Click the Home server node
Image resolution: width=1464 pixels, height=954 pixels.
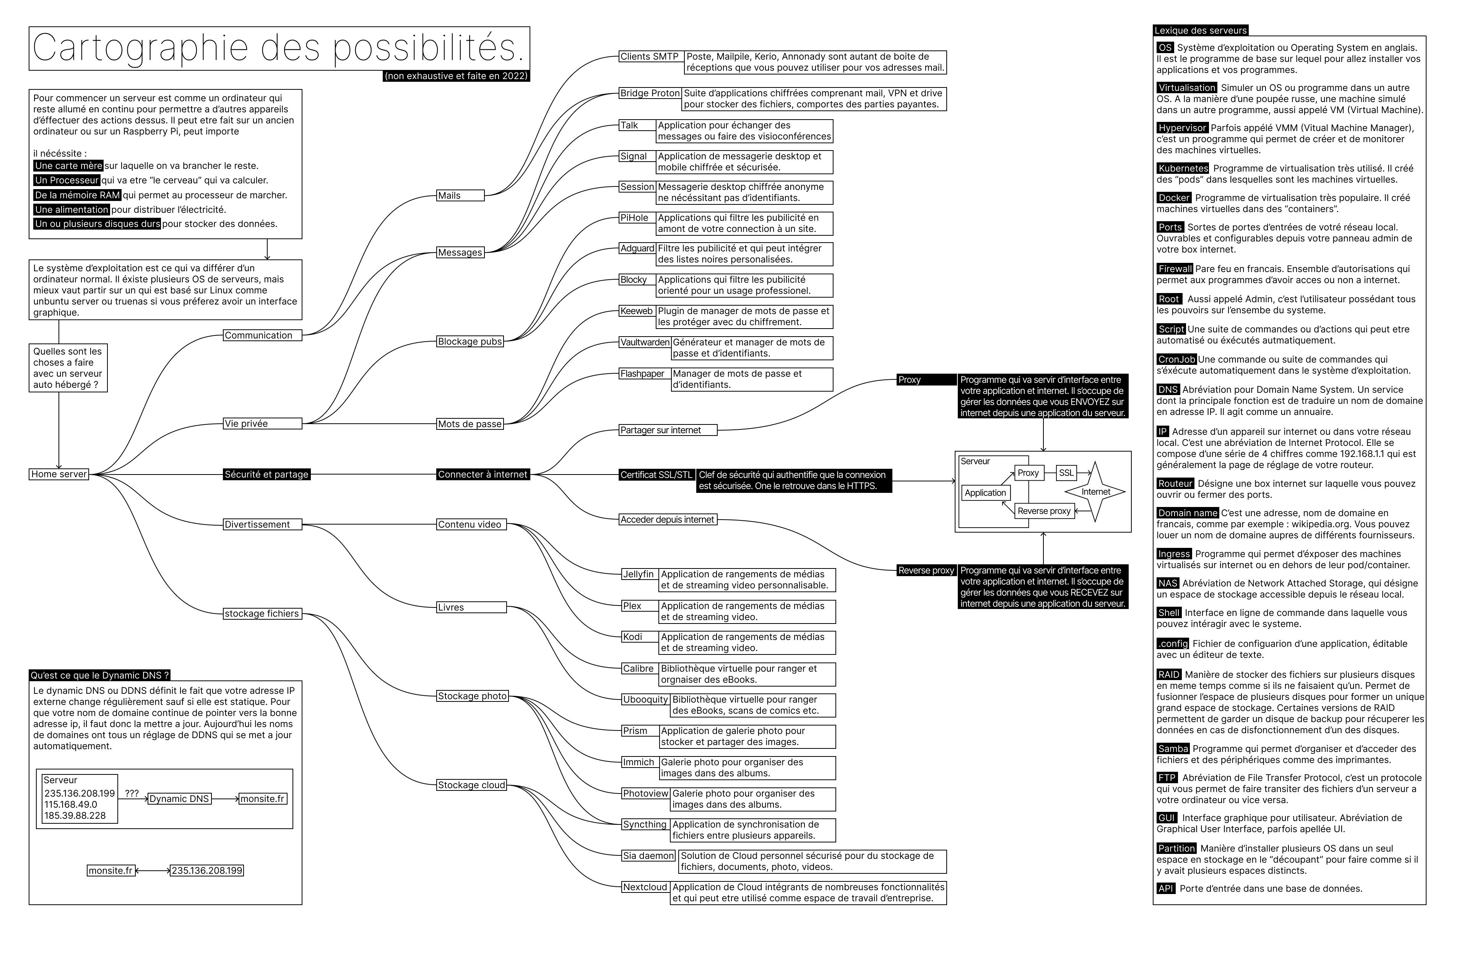click(59, 474)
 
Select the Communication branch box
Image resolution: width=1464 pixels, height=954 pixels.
click(262, 335)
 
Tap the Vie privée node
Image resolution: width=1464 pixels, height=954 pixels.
click(262, 424)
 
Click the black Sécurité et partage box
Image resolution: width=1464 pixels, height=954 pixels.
click(266, 475)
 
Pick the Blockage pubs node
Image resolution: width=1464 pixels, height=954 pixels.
click(470, 341)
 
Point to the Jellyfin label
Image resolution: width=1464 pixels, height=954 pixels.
click(639, 574)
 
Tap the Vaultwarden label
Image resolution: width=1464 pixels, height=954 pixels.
click(645, 342)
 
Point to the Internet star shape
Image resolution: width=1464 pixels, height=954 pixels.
click(1095, 492)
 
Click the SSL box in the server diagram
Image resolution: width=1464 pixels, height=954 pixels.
click(1066, 473)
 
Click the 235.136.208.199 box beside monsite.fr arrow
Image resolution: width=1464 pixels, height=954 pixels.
click(207, 870)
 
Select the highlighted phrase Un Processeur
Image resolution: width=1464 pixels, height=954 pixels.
click(67, 180)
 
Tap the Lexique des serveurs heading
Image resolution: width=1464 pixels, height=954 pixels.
click(1200, 30)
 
